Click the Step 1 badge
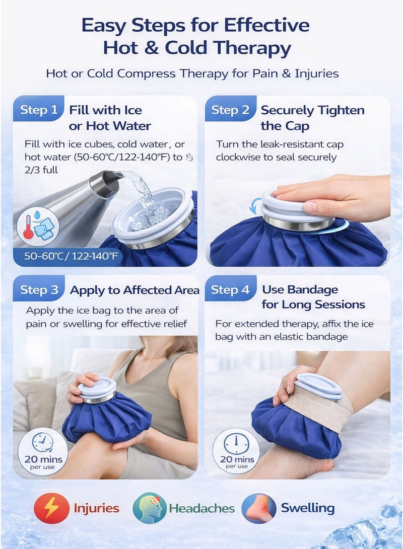(x=39, y=110)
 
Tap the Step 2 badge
(x=230, y=110)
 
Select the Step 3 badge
(x=39, y=290)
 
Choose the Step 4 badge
(x=230, y=290)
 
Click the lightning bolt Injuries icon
(x=51, y=508)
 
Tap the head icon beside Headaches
(x=150, y=508)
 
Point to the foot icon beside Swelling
(x=258, y=508)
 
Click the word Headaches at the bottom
(x=201, y=508)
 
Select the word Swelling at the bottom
(x=307, y=508)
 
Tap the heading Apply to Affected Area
(x=134, y=290)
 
